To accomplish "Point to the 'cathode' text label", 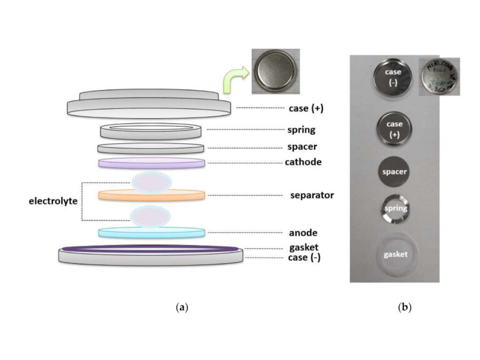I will click(302, 162).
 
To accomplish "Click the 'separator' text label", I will click(312, 195).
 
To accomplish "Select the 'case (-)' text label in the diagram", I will click(304, 257).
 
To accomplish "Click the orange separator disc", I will click(151, 195).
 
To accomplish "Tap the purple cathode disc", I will click(151, 163).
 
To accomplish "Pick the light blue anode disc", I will click(151, 232).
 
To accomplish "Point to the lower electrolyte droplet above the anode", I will click(150, 216).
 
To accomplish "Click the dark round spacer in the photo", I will click(394, 171).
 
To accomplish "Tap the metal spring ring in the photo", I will click(394, 209).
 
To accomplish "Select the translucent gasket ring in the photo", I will click(394, 254).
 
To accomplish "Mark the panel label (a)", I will click(182, 307).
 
